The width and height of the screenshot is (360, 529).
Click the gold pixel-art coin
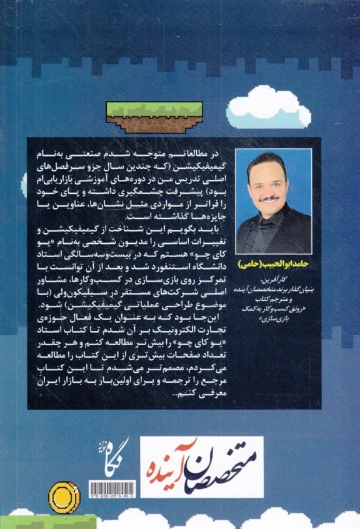coord(64,496)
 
